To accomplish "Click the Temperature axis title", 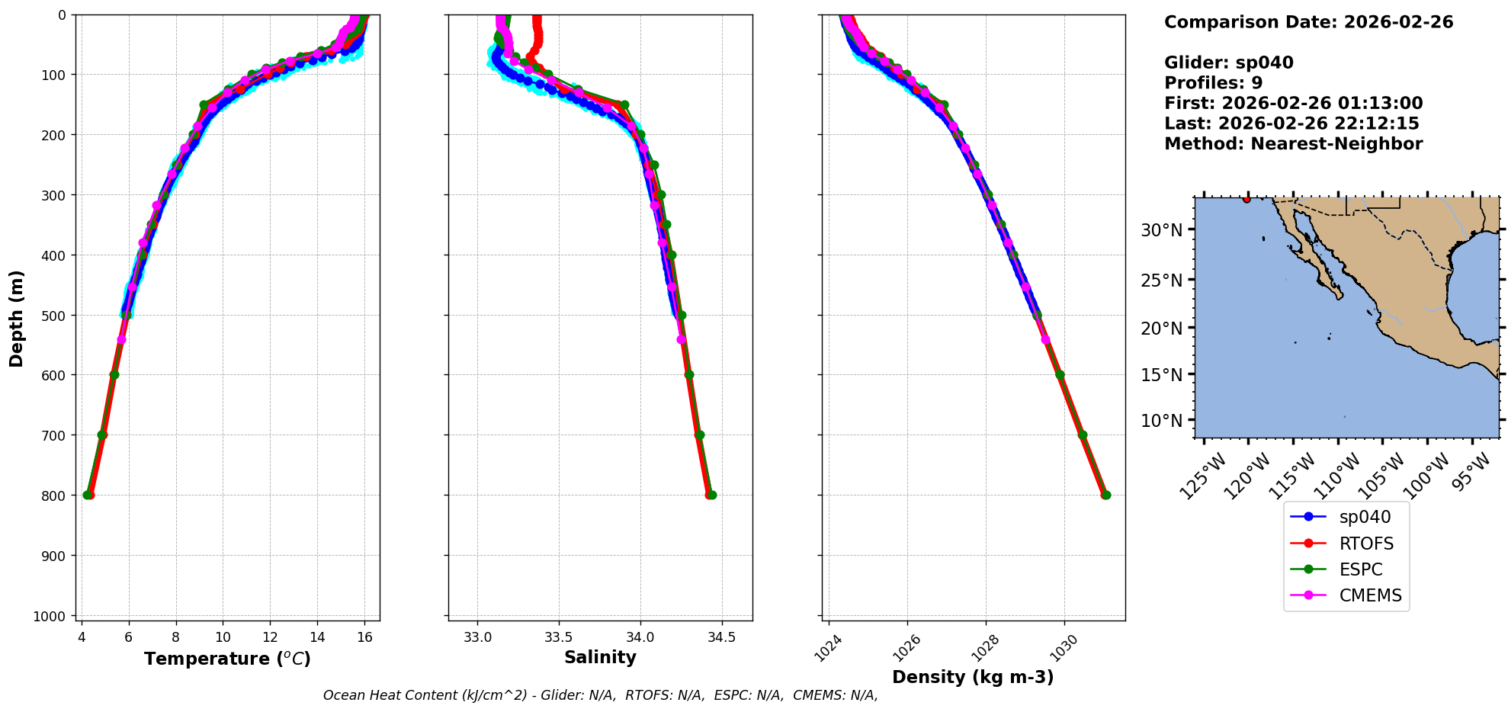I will click(227, 659).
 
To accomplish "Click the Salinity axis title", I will click(600, 657).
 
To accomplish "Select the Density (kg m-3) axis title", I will click(973, 677).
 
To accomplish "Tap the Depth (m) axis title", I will click(17, 318).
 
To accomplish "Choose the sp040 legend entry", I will click(1365, 517).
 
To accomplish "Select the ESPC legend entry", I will click(1360, 569).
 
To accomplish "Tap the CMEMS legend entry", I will click(1370, 595).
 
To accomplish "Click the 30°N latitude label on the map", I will click(1161, 230).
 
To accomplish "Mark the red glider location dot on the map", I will click(1247, 199).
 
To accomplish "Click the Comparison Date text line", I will click(1308, 22).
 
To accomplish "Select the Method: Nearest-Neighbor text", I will click(1293, 143).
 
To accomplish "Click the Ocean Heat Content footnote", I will click(600, 695).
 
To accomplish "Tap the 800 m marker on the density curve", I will click(1105, 495).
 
